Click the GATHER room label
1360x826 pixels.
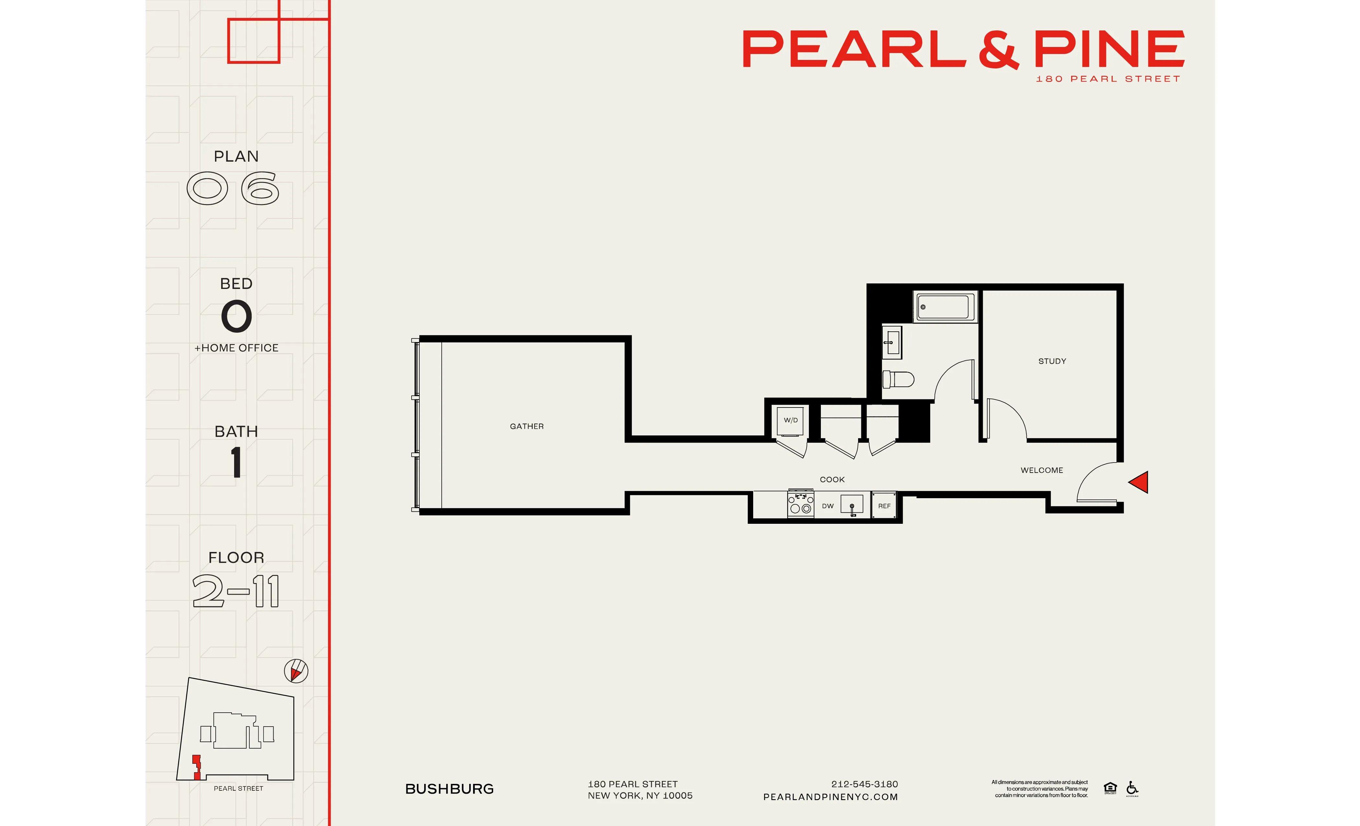tap(527, 426)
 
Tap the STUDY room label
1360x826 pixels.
tap(1052, 361)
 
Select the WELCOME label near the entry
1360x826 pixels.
tap(1041, 470)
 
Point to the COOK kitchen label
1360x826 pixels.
tap(832, 479)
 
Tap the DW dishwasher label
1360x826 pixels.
tap(827, 506)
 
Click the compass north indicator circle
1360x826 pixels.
tap(296, 671)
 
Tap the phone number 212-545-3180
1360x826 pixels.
tap(864, 784)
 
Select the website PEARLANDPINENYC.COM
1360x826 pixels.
tap(830, 797)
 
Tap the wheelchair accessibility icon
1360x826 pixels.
tap(1132, 788)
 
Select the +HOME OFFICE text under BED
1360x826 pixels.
tap(236, 348)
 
